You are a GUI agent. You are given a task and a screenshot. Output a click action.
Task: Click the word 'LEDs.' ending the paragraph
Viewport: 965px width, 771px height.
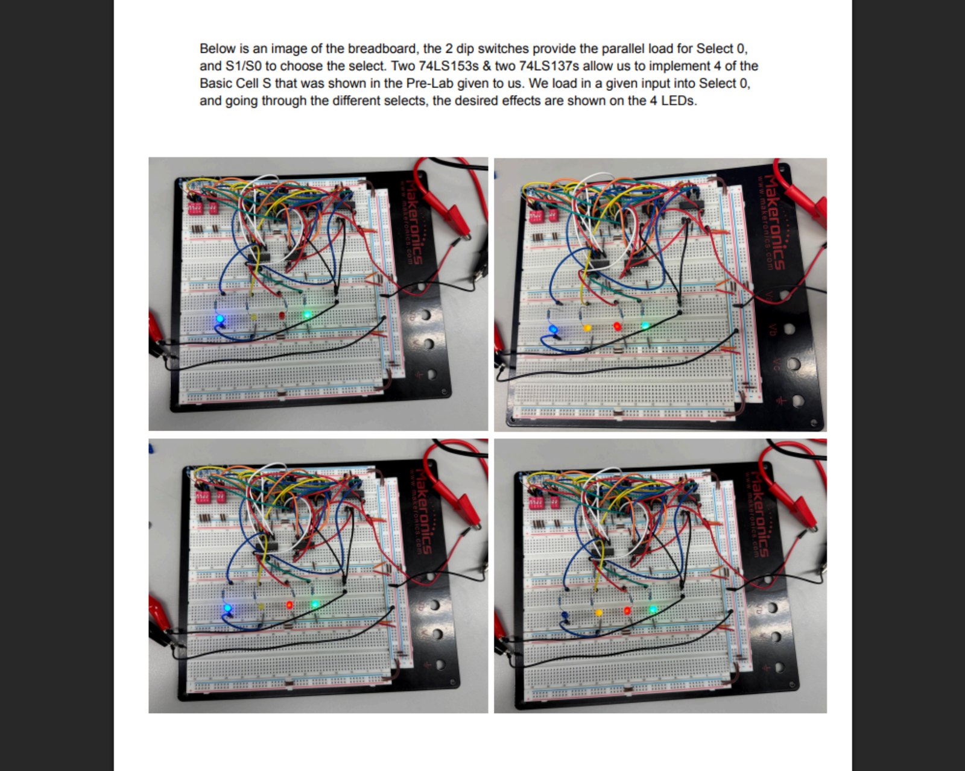(x=679, y=101)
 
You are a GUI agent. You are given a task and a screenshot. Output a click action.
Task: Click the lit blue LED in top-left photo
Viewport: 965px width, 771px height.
(x=220, y=319)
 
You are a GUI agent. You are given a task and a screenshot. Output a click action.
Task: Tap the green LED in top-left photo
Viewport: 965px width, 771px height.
(x=307, y=315)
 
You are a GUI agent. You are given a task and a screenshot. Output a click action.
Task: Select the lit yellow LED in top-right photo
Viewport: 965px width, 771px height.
(x=587, y=327)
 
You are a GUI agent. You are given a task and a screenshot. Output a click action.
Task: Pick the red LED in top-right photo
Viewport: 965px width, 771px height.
(x=617, y=326)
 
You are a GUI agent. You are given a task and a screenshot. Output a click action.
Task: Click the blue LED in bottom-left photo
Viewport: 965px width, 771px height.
(x=227, y=608)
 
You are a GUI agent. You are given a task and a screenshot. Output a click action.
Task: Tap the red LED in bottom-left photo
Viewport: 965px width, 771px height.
(x=289, y=604)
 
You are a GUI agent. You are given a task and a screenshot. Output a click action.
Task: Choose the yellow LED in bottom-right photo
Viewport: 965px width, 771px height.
(x=599, y=612)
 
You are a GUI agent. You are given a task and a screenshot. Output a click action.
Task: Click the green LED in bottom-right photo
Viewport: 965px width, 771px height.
(x=653, y=609)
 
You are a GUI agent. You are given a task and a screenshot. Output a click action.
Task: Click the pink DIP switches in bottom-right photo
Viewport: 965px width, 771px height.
(x=542, y=502)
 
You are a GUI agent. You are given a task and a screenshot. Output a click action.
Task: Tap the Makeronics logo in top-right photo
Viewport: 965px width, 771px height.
(x=774, y=222)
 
